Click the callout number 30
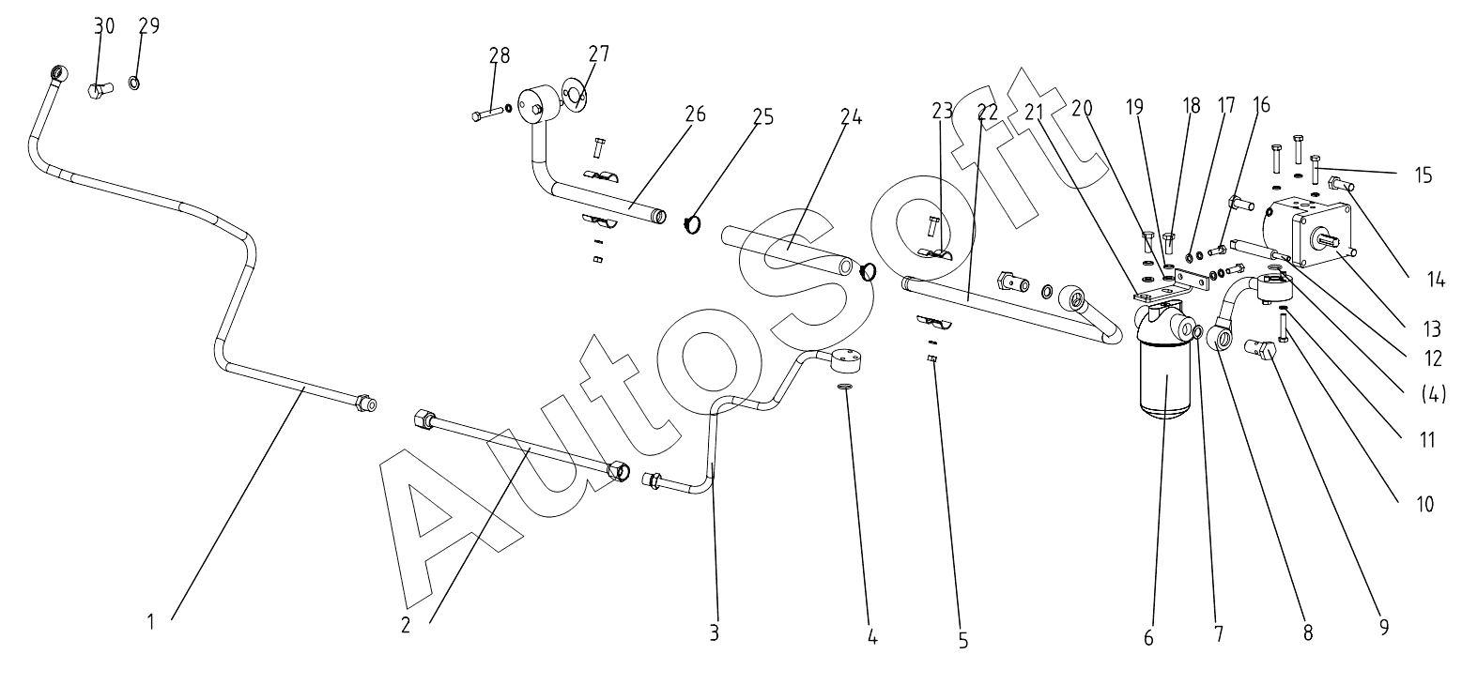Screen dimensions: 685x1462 [103, 26]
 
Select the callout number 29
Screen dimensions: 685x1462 [148, 25]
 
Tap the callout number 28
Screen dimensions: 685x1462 [499, 55]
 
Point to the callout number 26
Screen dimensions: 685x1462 [695, 114]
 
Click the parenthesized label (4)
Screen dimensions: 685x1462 [1433, 394]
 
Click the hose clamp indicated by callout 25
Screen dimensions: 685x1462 [693, 225]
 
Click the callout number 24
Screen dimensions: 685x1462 [851, 117]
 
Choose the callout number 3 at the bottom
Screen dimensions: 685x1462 [714, 632]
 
